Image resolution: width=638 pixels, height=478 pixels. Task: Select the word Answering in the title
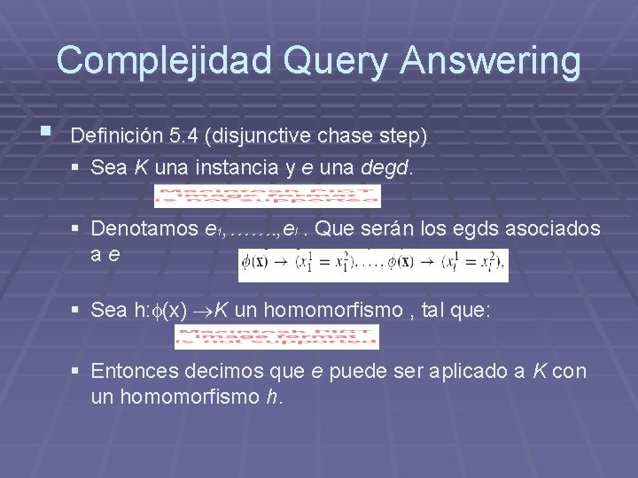click(x=491, y=61)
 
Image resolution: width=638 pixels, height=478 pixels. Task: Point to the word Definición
click(x=115, y=137)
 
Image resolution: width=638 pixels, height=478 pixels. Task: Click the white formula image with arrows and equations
click(x=372, y=264)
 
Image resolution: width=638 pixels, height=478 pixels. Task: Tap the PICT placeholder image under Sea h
click(x=276, y=336)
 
